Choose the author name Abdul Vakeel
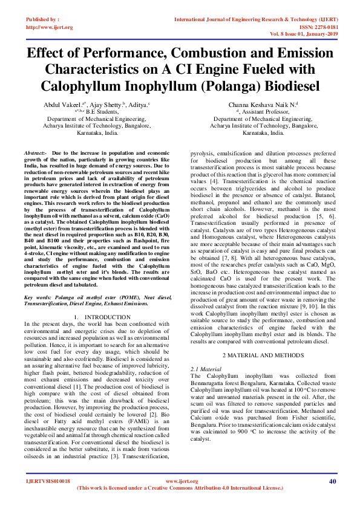(65, 104)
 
